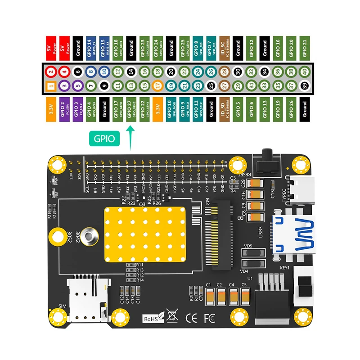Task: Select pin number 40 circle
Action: click(305, 71)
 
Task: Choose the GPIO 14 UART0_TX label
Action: click(91, 47)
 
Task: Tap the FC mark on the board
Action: click(210, 318)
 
